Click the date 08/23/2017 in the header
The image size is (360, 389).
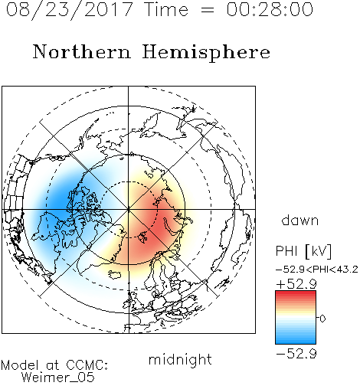coord(69,10)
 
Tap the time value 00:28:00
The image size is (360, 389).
coord(270,9)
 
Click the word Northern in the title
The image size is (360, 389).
coord(82,51)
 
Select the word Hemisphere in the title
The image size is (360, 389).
coord(206,53)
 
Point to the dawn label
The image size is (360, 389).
coord(300,220)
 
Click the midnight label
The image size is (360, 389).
coord(180,360)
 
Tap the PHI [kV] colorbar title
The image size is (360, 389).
coord(303,251)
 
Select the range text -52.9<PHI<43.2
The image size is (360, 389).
coord(316,270)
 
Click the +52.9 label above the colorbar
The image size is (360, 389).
coord(296,284)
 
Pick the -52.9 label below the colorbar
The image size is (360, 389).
coord(296,354)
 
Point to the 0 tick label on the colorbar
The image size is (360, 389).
coord(322,319)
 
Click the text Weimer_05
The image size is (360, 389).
coord(58,378)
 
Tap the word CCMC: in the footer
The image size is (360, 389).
coord(87,365)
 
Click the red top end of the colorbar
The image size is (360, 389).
coord(296,293)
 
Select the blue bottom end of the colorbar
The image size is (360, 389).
coord(296,342)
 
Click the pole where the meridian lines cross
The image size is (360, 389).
coord(129,209)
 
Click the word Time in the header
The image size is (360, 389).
coord(166,9)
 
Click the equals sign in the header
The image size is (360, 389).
coord(208,10)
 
